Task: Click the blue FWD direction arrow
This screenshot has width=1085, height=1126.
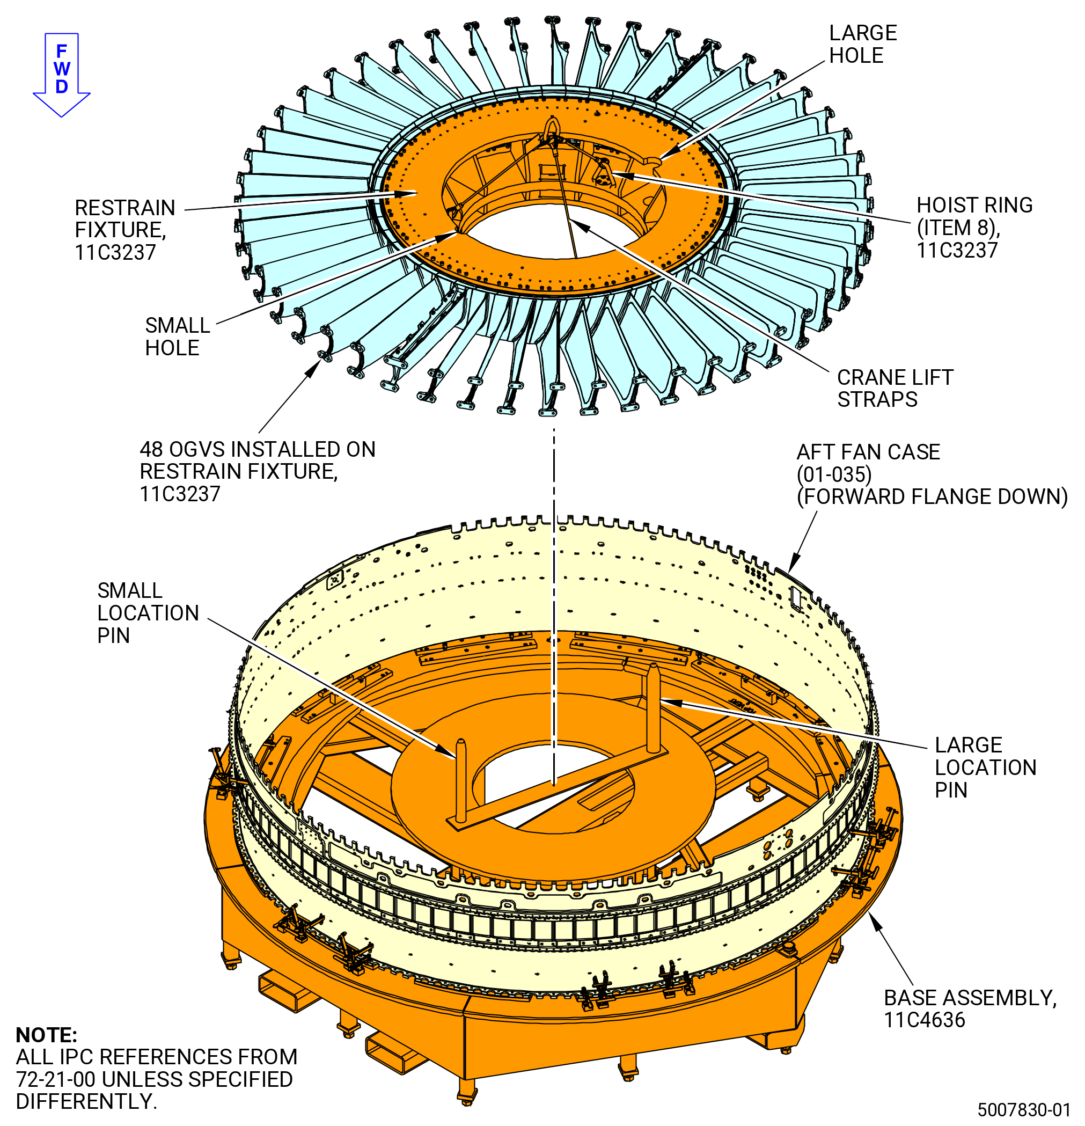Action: tap(62, 75)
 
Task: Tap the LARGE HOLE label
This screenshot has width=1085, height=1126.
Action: tap(863, 44)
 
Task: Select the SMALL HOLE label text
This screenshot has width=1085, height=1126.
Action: tap(178, 337)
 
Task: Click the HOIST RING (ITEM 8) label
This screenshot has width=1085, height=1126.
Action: tap(974, 228)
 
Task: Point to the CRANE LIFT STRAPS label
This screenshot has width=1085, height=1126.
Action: tap(895, 389)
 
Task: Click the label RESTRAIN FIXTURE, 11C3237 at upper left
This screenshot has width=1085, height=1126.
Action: tap(124, 230)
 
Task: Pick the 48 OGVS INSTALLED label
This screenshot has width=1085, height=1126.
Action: tap(258, 472)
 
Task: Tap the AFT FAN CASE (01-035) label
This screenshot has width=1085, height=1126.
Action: tap(932, 474)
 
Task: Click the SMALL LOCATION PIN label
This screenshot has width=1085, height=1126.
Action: tap(148, 613)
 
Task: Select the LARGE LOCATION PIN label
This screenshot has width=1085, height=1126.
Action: tap(986, 767)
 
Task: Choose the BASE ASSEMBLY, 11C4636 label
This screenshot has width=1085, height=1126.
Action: tap(970, 1009)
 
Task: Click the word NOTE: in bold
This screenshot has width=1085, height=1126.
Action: tap(46, 1035)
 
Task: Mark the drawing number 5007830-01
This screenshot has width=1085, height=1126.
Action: tap(1024, 1109)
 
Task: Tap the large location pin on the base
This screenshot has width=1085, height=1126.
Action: tap(653, 708)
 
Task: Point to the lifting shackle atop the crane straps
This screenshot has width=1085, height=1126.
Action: tap(551, 128)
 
